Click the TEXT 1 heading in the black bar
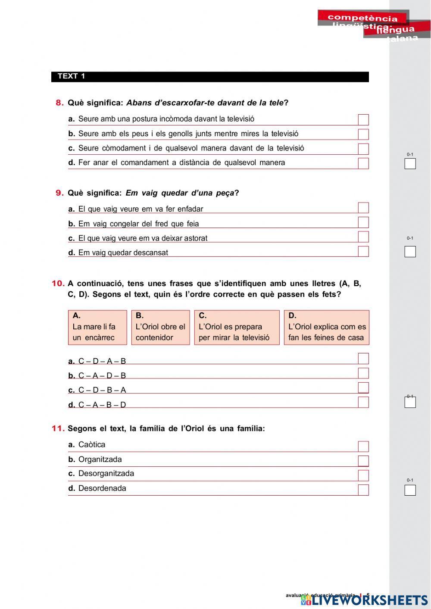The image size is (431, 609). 72,76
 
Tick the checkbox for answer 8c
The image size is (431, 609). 363,149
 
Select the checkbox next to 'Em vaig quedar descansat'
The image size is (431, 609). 363,251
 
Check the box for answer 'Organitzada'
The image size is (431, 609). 363,461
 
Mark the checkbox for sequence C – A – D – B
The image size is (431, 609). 363,373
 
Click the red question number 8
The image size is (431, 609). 59,103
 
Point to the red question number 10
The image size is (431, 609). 58,283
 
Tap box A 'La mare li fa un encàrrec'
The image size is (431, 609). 97,327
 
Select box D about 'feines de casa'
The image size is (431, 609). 326,327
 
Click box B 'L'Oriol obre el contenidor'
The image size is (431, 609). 160,327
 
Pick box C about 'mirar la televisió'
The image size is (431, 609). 237,327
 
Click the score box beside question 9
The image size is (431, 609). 410,252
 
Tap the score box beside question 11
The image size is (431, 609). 410,490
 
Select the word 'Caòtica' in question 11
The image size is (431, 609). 92,444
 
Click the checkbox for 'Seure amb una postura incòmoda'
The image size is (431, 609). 363,120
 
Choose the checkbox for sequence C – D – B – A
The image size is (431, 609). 363,388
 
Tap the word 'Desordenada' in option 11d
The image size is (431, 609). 102,488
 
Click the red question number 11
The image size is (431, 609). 58,428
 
